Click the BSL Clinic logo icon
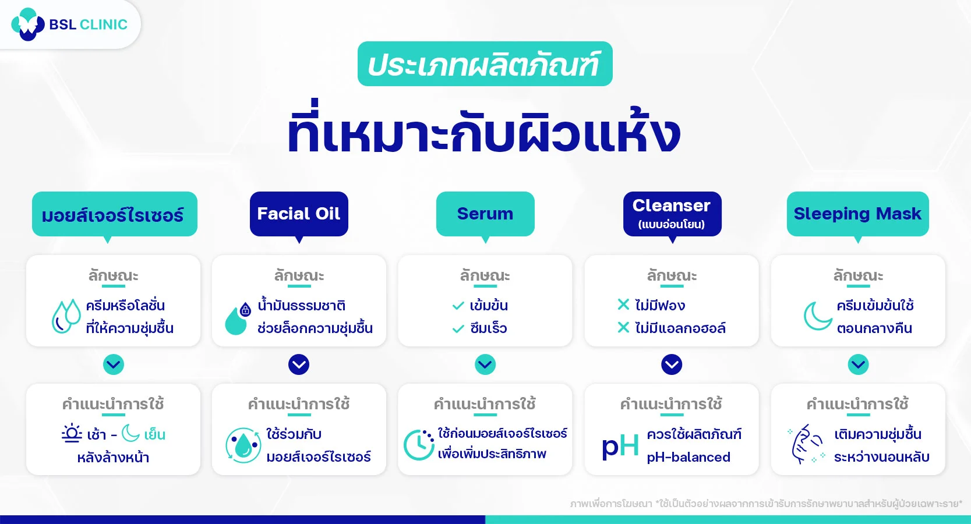pyautogui.click(x=27, y=24)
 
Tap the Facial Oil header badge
pyautogui.click(x=299, y=214)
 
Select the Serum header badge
pyautogui.click(x=485, y=214)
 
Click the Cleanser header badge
pyautogui.click(x=672, y=214)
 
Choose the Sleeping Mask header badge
pyautogui.click(x=857, y=214)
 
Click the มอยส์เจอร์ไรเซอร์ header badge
pyautogui.click(x=114, y=214)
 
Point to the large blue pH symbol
pyautogui.click(x=620, y=446)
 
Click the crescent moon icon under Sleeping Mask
pyautogui.click(x=817, y=316)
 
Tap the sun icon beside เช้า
pyautogui.click(x=72, y=434)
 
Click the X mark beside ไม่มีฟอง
pyautogui.click(x=623, y=305)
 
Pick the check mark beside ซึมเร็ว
pyautogui.click(x=458, y=329)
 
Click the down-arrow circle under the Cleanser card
pyautogui.click(x=672, y=364)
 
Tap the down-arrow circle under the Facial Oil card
pyautogui.click(x=299, y=364)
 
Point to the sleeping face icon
pyautogui.click(x=807, y=444)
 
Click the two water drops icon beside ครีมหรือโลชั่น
pyautogui.click(x=66, y=316)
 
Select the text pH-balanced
pyautogui.click(x=688, y=457)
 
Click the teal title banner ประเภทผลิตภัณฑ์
pyautogui.click(x=485, y=64)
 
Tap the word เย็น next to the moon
pyautogui.click(x=154, y=434)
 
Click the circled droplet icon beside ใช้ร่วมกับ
pyautogui.click(x=243, y=445)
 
